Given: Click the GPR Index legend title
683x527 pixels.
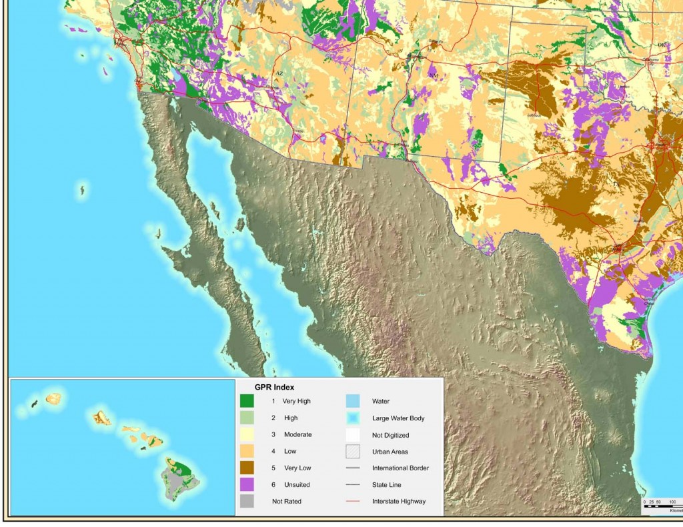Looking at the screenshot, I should [274, 387].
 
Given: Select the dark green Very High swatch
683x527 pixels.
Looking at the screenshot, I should [247, 401].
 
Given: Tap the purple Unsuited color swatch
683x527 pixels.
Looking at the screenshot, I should [247, 484].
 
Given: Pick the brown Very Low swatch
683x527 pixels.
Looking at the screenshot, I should [247, 468].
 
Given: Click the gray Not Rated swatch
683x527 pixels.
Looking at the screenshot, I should [247, 501].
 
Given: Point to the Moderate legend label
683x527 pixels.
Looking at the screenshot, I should [297, 434].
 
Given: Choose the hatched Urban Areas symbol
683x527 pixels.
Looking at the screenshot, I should [352, 451].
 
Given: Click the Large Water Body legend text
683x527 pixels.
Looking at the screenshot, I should [398, 418].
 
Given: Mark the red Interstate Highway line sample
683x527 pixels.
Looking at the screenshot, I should [352, 501].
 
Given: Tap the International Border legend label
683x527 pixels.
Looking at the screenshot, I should [400, 468].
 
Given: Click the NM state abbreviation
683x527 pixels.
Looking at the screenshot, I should [434, 76].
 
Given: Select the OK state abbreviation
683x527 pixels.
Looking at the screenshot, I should [662, 45].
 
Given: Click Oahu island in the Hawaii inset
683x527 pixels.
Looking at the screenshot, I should [102, 418].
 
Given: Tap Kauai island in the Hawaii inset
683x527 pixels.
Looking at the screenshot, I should [53, 398].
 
